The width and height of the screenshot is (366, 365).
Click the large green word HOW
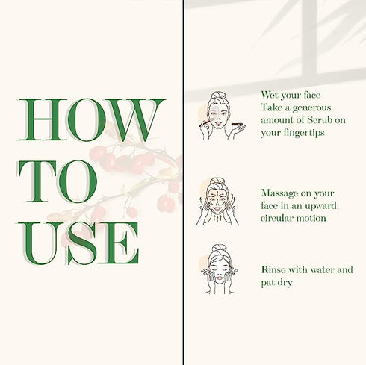point(91,119)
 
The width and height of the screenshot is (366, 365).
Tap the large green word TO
point(58,181)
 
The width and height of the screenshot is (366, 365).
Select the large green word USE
point(78,243)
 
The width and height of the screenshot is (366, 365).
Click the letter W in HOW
point(134,120)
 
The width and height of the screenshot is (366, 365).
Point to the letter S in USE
point(81,243)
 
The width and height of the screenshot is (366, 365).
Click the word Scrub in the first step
point(320,120)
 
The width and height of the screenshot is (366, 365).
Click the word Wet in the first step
point(269,95)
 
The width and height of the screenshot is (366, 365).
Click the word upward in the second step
point(322,207)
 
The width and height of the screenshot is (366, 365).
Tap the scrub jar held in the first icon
point(235,124)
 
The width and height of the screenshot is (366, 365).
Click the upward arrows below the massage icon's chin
point(217,219)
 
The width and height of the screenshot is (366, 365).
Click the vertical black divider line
point(184,182)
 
